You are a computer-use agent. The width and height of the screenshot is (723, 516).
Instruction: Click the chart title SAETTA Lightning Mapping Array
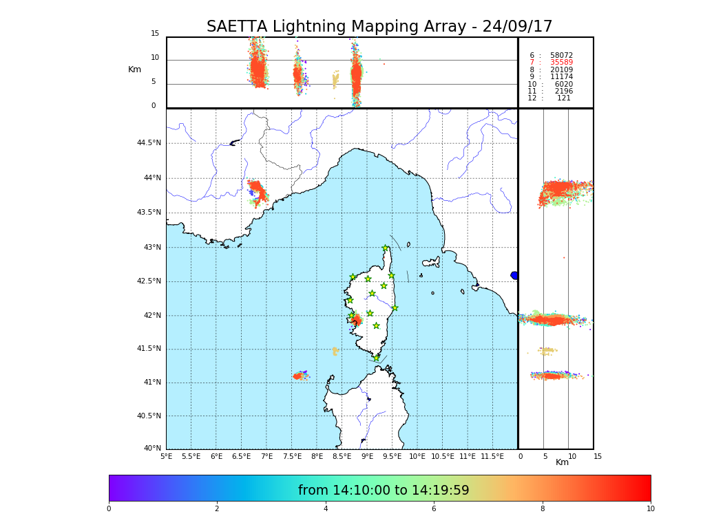379,27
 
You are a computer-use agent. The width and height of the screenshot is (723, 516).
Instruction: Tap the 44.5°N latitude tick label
149,143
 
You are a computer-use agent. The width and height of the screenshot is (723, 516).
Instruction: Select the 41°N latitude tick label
152,383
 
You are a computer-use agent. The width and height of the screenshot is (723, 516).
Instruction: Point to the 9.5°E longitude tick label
392,456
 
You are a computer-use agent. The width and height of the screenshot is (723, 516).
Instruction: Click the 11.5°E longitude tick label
492,456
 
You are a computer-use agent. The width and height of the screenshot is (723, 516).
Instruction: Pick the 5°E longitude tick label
166,456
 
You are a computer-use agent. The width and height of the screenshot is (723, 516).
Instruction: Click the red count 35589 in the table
561,63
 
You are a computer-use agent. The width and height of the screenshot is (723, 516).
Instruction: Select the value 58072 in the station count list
561,55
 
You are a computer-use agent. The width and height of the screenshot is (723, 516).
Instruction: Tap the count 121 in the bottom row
563,98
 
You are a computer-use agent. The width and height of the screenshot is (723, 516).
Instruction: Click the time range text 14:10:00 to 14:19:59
384,491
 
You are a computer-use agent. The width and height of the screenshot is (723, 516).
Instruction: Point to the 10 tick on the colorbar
650,509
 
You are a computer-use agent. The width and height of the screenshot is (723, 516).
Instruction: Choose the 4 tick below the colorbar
326,509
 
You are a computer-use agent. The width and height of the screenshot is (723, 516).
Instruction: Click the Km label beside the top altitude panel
134,69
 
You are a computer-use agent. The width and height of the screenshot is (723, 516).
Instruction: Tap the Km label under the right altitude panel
562,462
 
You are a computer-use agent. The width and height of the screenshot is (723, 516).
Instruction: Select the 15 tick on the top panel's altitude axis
155,34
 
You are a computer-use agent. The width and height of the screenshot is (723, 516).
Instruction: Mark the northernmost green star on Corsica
386,248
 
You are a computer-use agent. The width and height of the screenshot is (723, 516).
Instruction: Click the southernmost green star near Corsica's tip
376,358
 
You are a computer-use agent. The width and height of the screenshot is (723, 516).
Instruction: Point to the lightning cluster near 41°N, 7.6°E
300,375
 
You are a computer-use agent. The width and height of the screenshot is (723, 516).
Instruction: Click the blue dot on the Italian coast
514,275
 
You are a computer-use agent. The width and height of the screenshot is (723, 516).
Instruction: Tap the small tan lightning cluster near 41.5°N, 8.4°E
335,351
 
